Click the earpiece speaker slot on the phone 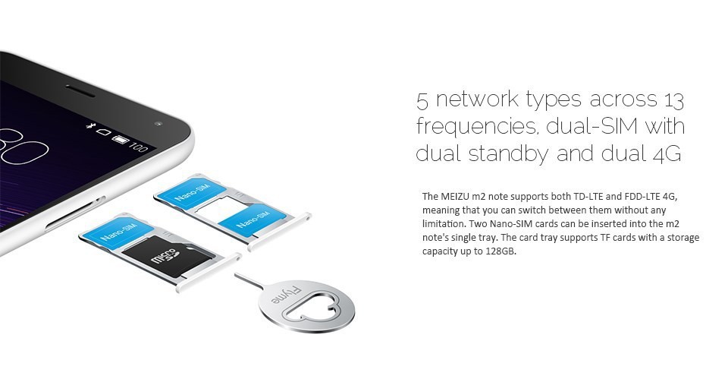[80, 90]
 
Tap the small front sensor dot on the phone [158, 124]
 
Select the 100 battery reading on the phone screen [138, 147]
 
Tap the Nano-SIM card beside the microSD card [119, 229]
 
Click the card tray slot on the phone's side [75, 214]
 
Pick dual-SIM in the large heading [591, 125]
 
